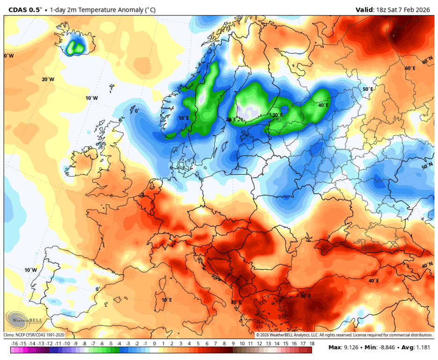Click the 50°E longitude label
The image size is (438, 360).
(368, 89)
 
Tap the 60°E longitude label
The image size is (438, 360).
(410, 68)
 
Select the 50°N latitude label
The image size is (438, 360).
(427, 166)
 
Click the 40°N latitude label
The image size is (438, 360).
(427, 265)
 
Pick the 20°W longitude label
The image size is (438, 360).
(48, 79)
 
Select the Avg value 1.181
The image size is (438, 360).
(420, 348)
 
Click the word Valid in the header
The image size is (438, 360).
(364, 9)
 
